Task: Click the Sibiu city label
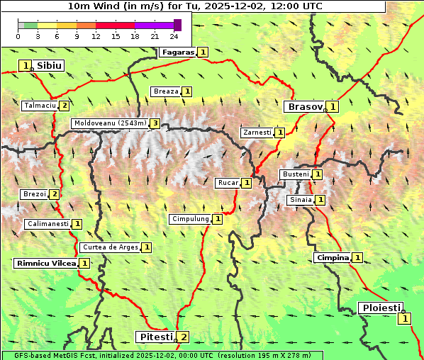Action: click(x=50, y=65)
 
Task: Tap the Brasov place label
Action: click(x=303, y=106)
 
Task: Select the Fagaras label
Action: click(x=177, y=52)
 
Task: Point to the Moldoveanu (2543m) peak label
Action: click(x=109, y=123)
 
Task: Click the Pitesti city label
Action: click(x=155, y=337)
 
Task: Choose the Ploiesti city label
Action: click(x=381, y=308)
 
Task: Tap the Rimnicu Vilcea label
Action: click(x=45, y=263)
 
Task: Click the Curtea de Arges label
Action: click(x=109, y=247)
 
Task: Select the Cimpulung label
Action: click(x=190, y=219)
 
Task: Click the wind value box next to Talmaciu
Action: click(x=65, y=106)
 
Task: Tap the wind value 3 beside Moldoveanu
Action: click(x=154, y=123)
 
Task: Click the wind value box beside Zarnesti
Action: click(x=280, y=133)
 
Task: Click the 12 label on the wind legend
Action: click(x=96, y=35)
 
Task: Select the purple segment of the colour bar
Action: click(x=154, y=25)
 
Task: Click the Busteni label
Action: click(x=295, y=174)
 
